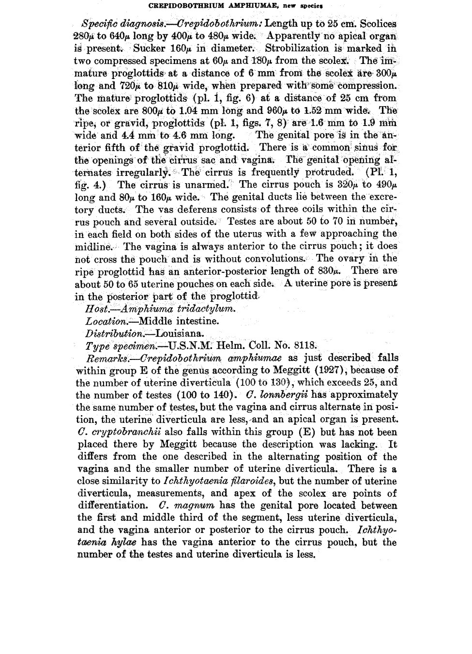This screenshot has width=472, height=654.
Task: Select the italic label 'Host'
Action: (94, 309)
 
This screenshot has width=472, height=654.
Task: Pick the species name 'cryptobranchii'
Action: (121, 432)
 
